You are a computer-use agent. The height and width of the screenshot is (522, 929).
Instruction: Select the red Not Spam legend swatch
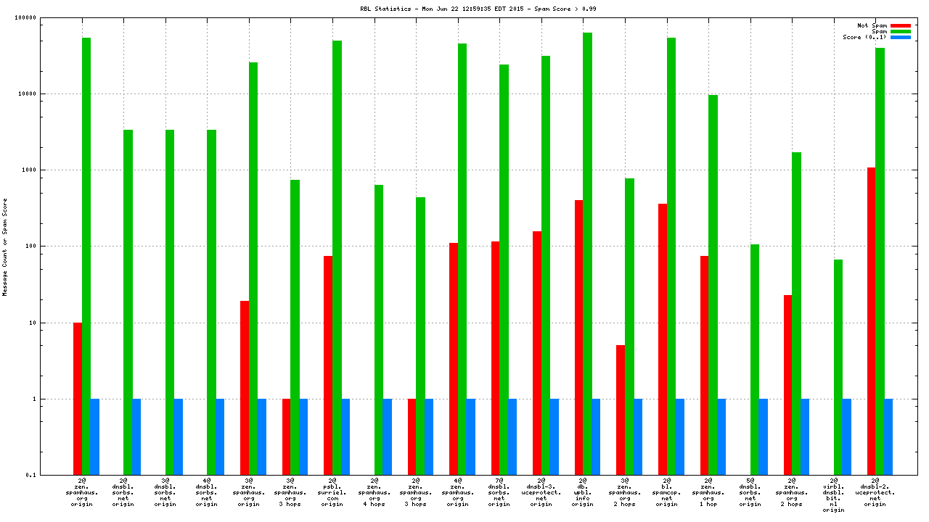tap(900, 25)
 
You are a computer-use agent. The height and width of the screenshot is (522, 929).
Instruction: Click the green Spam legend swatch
tap(900, 31)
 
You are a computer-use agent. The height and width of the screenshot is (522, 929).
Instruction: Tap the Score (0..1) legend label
tap(864, 37)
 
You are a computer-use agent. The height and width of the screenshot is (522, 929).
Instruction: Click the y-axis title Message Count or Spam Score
tap(5, 246)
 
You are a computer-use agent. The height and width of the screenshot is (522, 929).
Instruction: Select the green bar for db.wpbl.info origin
tap(587, 254)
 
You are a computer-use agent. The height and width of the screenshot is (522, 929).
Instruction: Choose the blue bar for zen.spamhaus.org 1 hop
tap(721, 436)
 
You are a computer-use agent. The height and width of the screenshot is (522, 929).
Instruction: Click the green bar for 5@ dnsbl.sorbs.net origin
tap(755, 360)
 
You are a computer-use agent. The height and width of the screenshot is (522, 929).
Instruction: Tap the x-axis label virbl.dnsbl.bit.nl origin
tap(834, 494)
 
